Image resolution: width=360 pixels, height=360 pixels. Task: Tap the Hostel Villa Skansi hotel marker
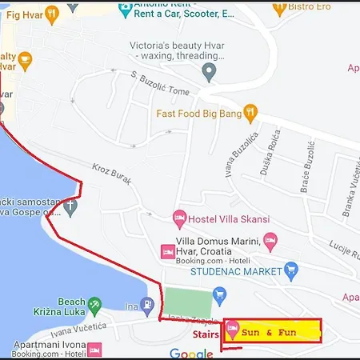click(x=179, y=218)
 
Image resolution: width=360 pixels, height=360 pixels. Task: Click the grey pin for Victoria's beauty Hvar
click(x=210, y=74)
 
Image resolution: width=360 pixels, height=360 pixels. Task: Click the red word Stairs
click(x=204, y=336)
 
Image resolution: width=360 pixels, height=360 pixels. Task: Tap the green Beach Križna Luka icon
click(x=94, y=304)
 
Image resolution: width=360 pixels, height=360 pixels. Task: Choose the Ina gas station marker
click(x=130, y=307)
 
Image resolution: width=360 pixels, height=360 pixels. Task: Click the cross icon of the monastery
click(x=70, y=206)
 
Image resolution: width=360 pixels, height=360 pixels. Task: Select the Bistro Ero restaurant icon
click(x=278, y=8)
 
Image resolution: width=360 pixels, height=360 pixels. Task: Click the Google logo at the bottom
click(x=190, y=353)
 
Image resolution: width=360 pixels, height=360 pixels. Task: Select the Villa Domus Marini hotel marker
click(x=270, y=240)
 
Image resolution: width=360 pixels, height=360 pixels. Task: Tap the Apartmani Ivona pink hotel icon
click(x=94, y=350)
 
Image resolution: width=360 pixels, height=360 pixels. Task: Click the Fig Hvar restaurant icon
click(x=52, y=13)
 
